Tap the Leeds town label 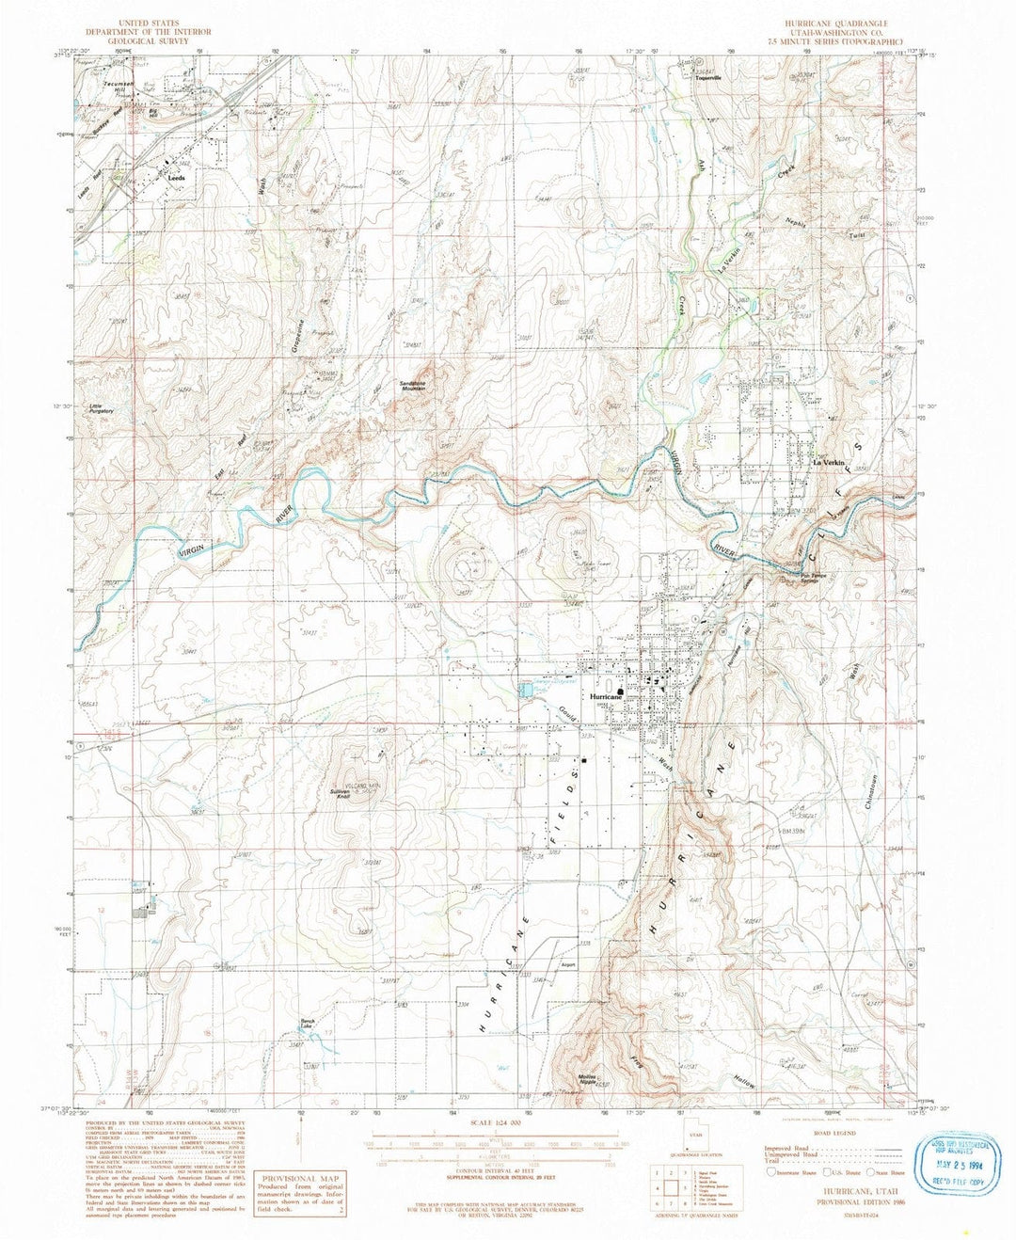click(176, 177)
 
